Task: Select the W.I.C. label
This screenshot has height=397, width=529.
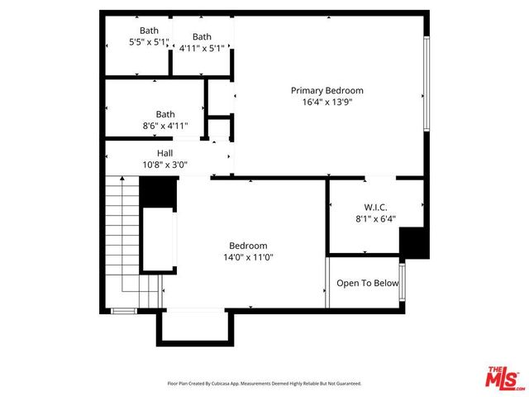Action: coord(375,207)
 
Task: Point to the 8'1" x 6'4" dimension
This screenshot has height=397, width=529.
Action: coord(375,219)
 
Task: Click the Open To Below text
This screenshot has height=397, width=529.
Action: coord(367,283)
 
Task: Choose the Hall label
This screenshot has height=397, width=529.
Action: coord(165,153)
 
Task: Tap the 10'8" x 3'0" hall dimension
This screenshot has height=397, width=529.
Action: coord(165,165)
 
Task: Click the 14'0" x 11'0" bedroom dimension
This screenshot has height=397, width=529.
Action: coord(248,257)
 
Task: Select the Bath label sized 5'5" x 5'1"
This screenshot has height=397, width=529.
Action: coord(149,31)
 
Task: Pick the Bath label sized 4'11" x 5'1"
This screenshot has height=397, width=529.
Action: coord(202,36)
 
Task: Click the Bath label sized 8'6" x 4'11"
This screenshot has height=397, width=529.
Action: coord(165,114)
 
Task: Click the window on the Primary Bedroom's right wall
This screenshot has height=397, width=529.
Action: coord(427,83)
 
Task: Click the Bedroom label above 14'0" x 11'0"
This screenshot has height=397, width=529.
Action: coord(248,246)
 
